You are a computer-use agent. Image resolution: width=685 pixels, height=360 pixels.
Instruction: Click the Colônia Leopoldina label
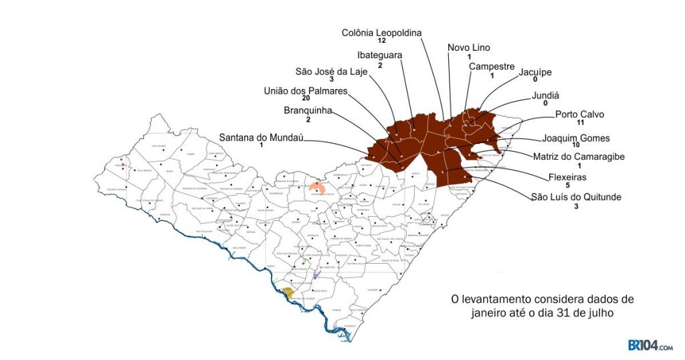click(382, 32)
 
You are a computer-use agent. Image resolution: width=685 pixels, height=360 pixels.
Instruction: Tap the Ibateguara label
click(379, 56)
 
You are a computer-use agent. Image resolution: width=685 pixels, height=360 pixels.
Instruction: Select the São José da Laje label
click(332, 72)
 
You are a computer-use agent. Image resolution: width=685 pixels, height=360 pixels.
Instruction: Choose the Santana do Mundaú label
click(262, 137)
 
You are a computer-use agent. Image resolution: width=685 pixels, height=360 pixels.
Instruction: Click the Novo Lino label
click(469, 48)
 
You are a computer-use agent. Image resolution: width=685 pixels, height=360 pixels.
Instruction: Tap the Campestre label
click(492, 66)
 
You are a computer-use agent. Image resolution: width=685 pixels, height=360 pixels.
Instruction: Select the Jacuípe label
click(535, 72)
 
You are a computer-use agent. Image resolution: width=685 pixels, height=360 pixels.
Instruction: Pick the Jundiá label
click(545, 95)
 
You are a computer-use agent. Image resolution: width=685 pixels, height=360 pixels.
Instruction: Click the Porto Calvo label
click(579, 114)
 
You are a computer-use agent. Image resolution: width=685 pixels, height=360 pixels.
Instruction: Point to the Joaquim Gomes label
click(576, 138)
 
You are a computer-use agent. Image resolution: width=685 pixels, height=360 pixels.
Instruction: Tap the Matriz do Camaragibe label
click(579, 157)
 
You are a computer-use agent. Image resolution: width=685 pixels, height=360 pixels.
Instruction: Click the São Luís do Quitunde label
click(576, 197)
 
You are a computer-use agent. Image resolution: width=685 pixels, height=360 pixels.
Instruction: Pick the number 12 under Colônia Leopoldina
click(381, 41)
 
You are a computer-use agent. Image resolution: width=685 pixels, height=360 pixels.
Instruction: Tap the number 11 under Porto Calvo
click(580, 123)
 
